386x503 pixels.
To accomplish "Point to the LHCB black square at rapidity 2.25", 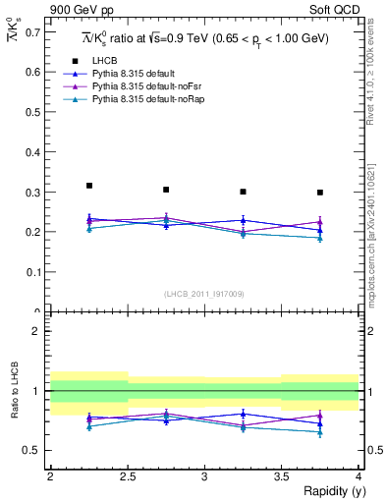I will tap(89, 185).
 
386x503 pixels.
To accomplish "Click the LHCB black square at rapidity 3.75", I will tap(320, 192).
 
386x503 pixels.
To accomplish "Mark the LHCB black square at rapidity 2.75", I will tap(166, 190).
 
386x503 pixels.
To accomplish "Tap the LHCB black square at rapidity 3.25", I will tap(244, 192).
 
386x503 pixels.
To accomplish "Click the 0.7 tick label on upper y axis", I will tap(31, 32).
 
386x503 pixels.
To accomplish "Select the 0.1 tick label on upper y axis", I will tap(31, 272).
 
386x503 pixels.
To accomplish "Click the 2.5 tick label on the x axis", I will tap(128, 475).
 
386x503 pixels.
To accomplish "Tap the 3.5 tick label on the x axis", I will tap(282, 475).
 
